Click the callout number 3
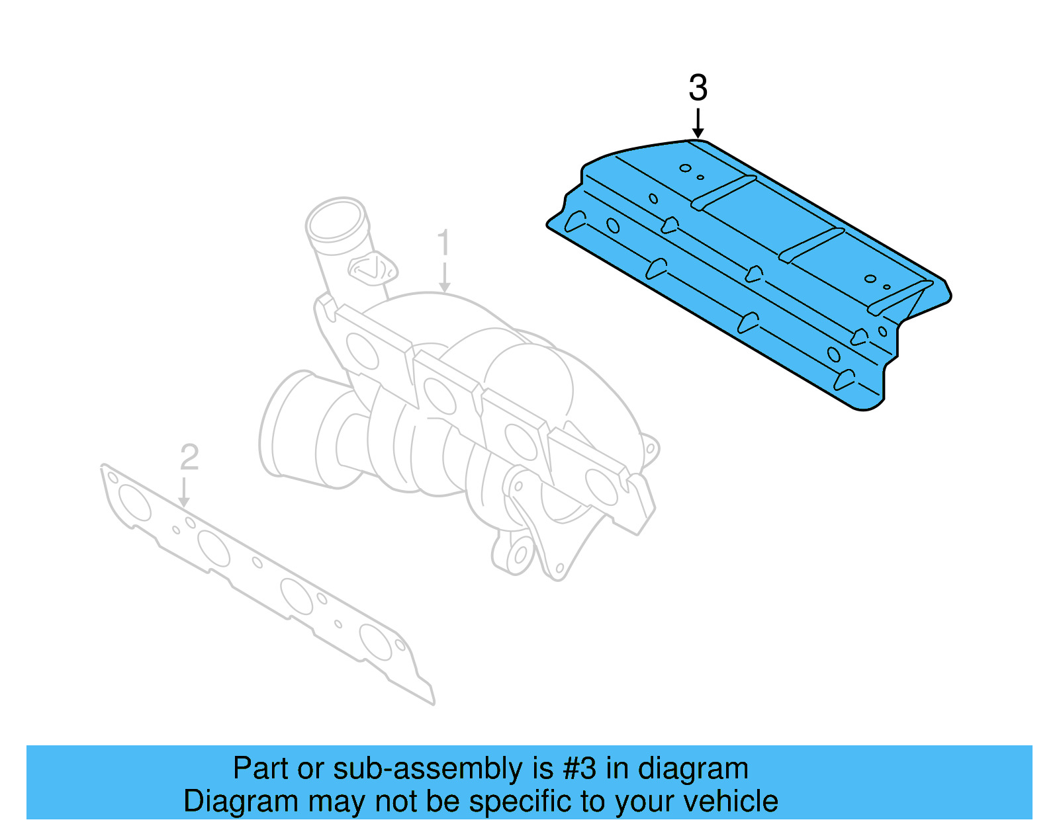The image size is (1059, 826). pos(698,88)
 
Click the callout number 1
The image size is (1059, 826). pos(443,243)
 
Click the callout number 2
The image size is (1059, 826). pos(189,457)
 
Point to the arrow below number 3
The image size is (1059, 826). pos(698,124)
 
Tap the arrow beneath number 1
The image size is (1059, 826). pos(444,277)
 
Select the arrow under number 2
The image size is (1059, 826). pos(185,493)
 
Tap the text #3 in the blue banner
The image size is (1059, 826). pos(580,768)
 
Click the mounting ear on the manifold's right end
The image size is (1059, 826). pos(650,450)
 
